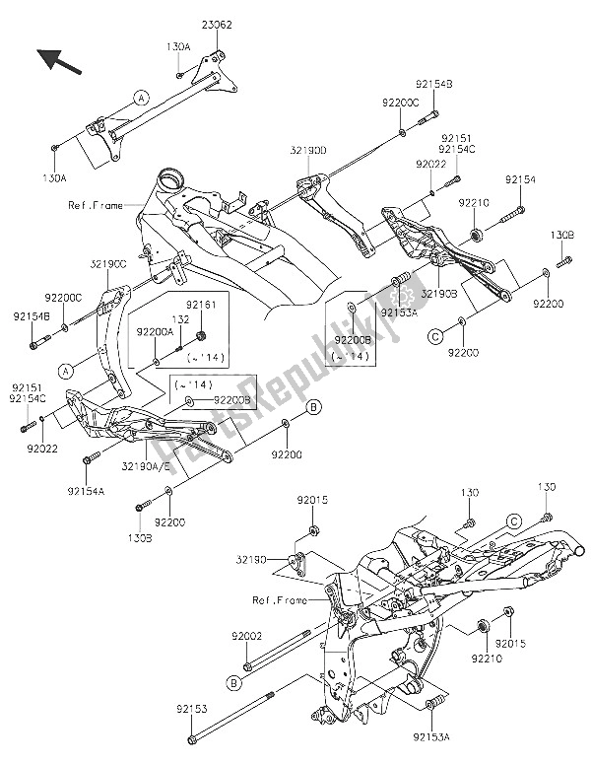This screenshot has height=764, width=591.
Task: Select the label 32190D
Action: tap(308, 153)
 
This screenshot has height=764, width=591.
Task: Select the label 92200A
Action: tap(154, 333)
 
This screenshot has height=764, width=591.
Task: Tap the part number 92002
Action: tap(246, 636)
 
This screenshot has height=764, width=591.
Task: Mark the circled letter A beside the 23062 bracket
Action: tap(141, 98)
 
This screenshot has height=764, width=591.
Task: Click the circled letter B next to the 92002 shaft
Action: tap(233, 681)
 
